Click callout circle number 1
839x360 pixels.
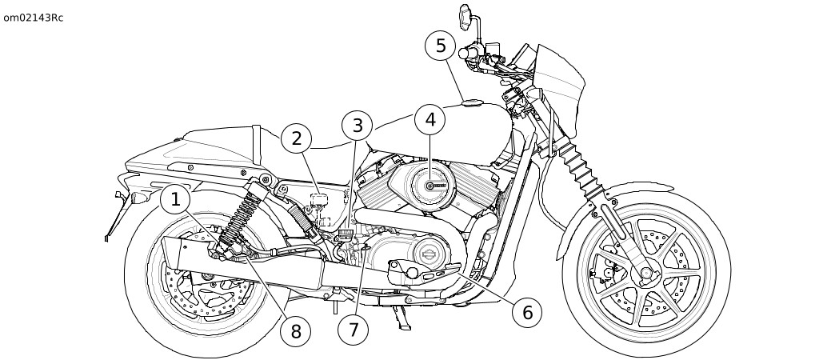(176, 200)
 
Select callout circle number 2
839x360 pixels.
(296, 139)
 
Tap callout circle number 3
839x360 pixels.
(357, 126)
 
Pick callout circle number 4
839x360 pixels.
(430, 121)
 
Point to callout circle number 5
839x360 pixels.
(441, 46)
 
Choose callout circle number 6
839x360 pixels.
(526, 312)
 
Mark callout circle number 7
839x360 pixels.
(353, 329)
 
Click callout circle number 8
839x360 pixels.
(295, 331)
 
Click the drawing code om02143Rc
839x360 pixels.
(33, 18)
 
